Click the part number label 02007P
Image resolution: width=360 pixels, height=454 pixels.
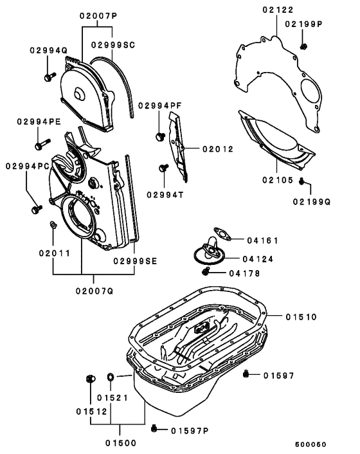click(95, 15)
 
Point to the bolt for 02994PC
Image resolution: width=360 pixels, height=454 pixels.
click(36, 209)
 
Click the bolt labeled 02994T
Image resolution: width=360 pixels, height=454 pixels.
click(163, 168)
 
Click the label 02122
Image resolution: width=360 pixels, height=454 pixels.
click(278, 10)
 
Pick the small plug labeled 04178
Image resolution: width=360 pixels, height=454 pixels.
click(205, 273)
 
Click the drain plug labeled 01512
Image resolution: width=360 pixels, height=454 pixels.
click(89, 377)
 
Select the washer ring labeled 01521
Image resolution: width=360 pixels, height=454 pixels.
click(109, 376)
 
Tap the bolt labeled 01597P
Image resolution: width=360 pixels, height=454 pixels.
click(154, 429)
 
